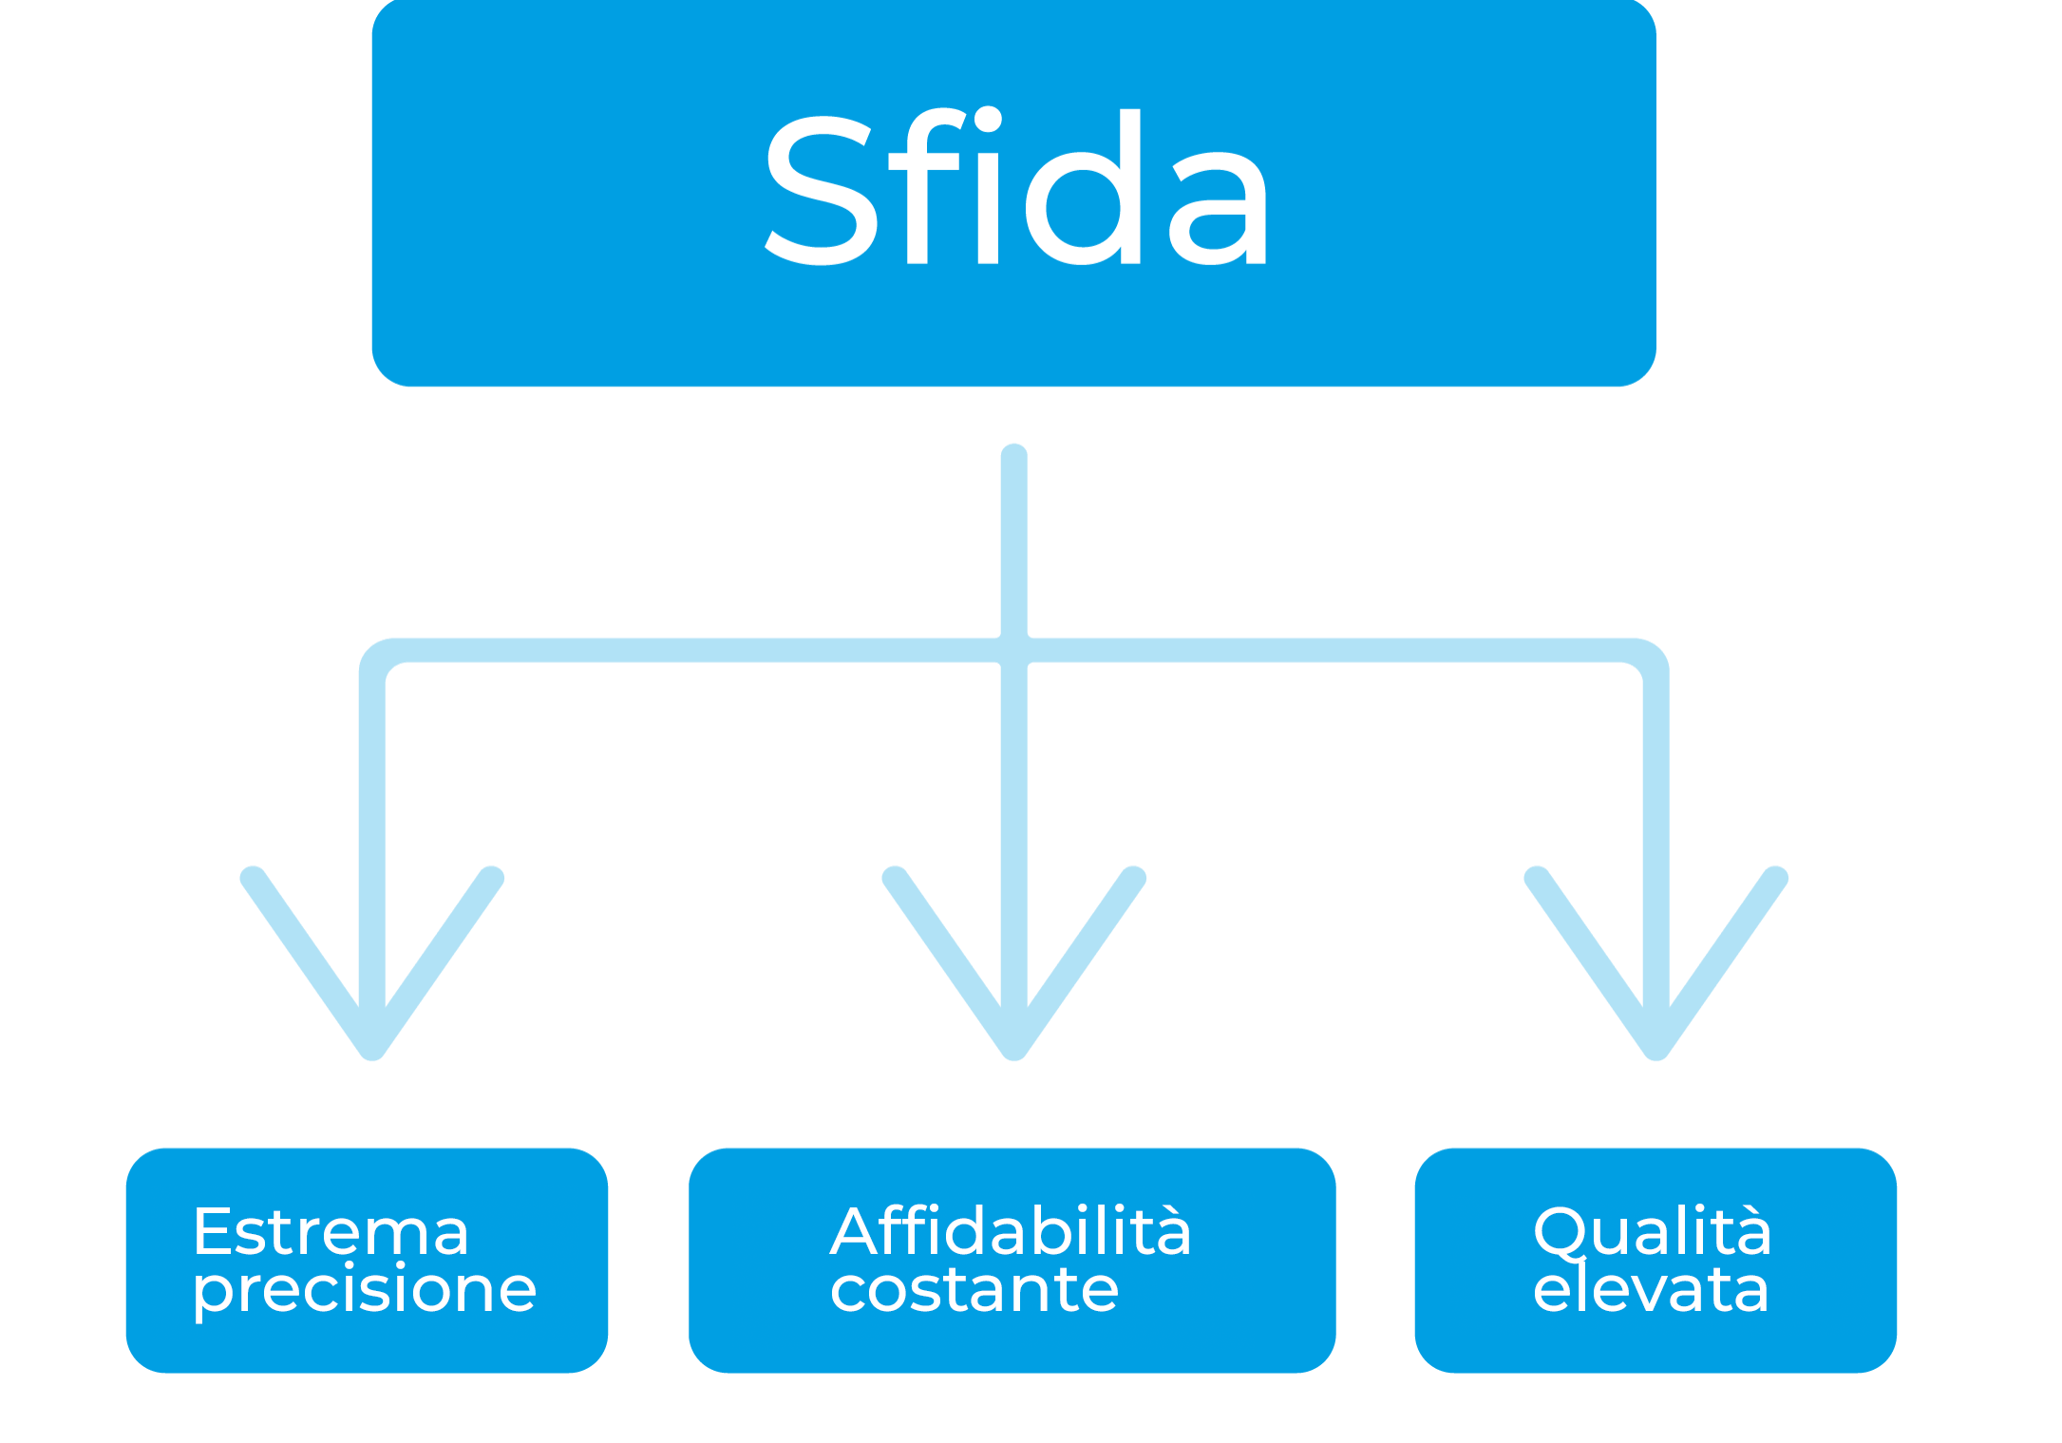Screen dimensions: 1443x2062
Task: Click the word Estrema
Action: pyautogui.click(x=331, y=1232)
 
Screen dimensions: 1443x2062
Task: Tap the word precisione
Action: pyautogui.click(x=365, y=1290)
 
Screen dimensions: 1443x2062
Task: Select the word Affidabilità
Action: pyautogui.click(x=1011, y=1231)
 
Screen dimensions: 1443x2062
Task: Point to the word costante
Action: pyautogui.click(x=974, y=1290)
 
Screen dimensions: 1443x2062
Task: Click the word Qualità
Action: pyautogui.click(x=1652, y=1232)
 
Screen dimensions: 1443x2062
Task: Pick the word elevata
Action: pyautogui.click(x=1651, y=1290)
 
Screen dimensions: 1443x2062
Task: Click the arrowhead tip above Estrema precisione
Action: pyautogui.click(x=372, y=1051)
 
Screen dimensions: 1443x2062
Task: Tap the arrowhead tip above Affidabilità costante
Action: pyautogui.click(x=1014, y=1051)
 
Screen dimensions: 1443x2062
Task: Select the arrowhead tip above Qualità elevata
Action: pyautogui.click(x=1656, y=1051)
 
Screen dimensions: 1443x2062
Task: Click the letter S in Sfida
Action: pyautogui.click(x=821, y=189)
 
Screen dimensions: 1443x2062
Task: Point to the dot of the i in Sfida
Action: pyautogui.click(x=988, y=121)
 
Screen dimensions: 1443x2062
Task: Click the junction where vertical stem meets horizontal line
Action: pyautogui.click(x=1014, y=651)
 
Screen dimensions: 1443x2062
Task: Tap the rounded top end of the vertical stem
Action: pyautogui.click(x=1014, y=454)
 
